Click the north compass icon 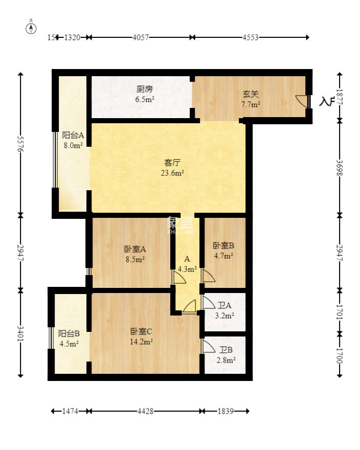pyautogui.click(x=31, y=28)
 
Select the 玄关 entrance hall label pyautogui.click(x=251, y=94)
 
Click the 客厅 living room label pyautogui.click(x=172, y=163)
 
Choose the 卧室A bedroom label pyautogui.click(x=135, y=249)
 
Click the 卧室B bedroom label pyautogui.click(x=223, y=245)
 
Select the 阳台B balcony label pyautogui.click(x=69, y=333)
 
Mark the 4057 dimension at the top pyautogui.click(x=141, y=37)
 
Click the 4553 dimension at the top pyautogui.click(x=251, y=37)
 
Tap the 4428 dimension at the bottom pyautogui.click(x=146, y=411)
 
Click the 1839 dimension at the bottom pyautogui.click(x=226, y=411)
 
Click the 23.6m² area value pyautogui.click(x=173, y=173)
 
